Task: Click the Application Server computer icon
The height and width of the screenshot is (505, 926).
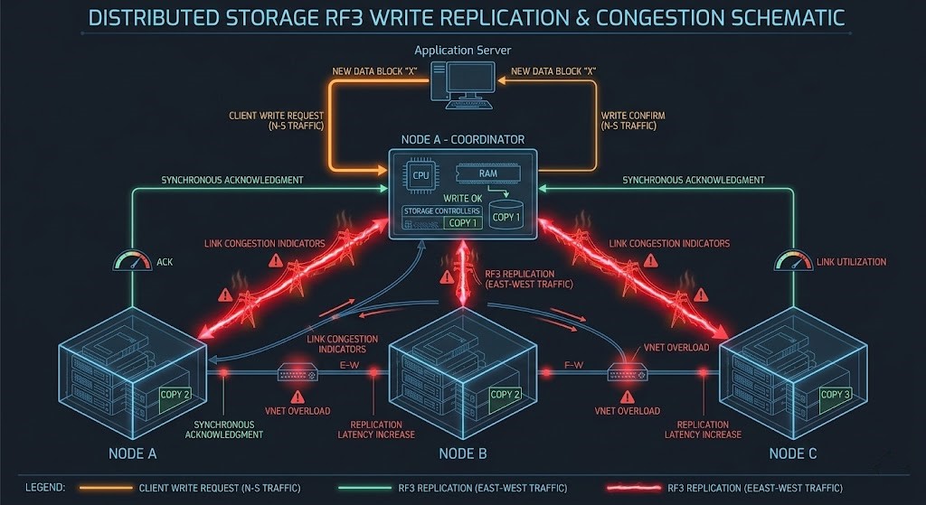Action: coord(463,83)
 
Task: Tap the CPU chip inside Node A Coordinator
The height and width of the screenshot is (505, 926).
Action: coord(421,176)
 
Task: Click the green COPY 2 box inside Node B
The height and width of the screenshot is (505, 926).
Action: coord(505,394)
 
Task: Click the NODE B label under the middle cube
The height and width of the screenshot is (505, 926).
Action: coord(463,453)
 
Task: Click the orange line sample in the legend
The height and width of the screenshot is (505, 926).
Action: coord(101,488)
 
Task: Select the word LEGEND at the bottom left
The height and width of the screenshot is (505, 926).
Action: coord(44,488)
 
